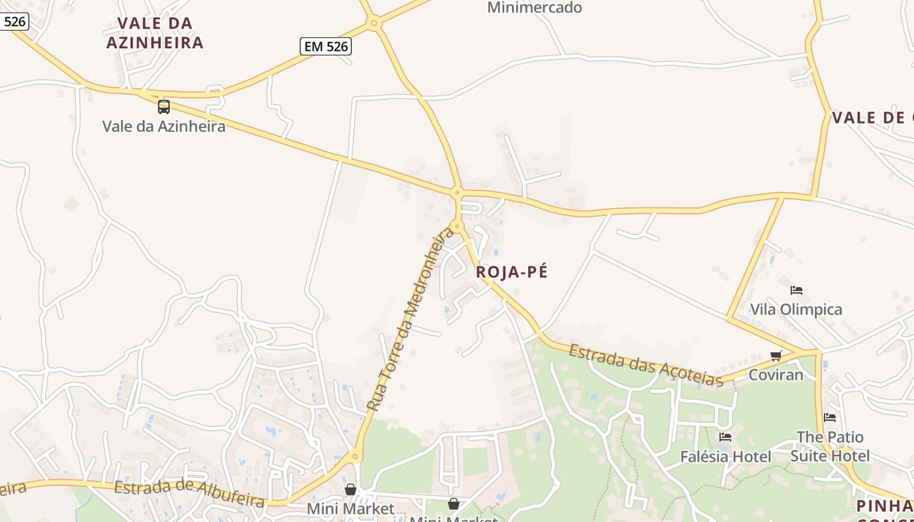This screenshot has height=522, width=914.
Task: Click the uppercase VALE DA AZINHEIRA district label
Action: (155, 33)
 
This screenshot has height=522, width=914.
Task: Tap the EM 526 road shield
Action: (326, 46)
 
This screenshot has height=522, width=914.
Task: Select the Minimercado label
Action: (534, 8)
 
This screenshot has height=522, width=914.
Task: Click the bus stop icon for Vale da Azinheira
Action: (164, 106)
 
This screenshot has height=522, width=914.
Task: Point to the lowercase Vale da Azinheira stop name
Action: (164, 126)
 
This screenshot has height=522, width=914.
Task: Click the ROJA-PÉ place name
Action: (512, 272)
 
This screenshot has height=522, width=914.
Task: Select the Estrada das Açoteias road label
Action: (646, 365)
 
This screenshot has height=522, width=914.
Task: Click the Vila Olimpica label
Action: (796, 309)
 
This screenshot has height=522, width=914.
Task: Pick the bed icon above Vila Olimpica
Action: (796, 290)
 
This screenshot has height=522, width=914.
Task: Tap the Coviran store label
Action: (776, 375)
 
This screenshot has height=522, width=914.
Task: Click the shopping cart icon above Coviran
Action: (776, 356)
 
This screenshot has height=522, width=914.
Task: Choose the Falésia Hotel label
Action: (725, 457)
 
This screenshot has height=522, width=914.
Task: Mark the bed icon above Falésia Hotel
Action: (725, 437)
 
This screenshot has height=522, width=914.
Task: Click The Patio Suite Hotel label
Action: (830, 446)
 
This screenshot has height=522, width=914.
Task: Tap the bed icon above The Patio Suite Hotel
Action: (830, 417)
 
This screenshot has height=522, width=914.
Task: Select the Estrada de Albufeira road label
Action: (189, 494)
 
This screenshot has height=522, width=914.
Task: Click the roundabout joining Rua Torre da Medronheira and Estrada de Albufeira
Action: (356, 457)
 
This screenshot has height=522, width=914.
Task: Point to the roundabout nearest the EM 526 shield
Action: (374, 23)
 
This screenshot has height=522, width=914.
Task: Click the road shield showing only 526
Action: (14, 22)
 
